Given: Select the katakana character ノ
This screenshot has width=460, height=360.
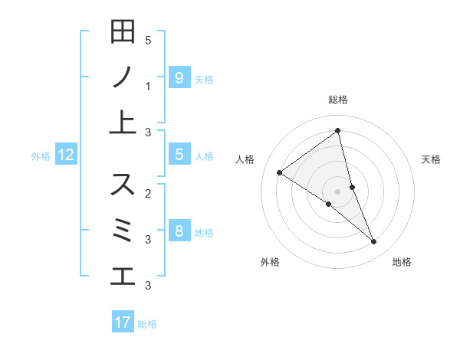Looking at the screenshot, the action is [123, 77].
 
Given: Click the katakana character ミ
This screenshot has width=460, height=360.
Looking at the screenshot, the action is [123, 230].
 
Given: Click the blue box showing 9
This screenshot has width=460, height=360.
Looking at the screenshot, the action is [179, 77].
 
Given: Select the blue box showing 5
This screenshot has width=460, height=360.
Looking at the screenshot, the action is [179, 155].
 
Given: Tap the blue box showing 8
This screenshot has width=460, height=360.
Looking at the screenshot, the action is [179, 231].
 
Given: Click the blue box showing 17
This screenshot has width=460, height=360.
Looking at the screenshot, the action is [123, 322].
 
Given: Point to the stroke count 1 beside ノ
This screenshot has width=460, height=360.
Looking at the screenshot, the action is [148, 87].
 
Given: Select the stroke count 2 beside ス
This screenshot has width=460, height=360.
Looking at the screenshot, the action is [148, 193].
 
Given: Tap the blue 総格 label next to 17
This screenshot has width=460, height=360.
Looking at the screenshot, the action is [147, 324].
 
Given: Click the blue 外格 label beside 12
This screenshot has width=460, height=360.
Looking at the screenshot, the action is [41, 156].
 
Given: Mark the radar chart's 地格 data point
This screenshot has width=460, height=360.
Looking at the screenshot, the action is [374, 242].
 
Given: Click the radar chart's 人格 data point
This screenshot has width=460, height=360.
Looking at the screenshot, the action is [279, 172].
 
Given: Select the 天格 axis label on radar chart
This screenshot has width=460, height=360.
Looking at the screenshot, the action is [431, 159].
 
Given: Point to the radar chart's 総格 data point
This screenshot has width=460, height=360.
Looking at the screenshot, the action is [337, 131].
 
